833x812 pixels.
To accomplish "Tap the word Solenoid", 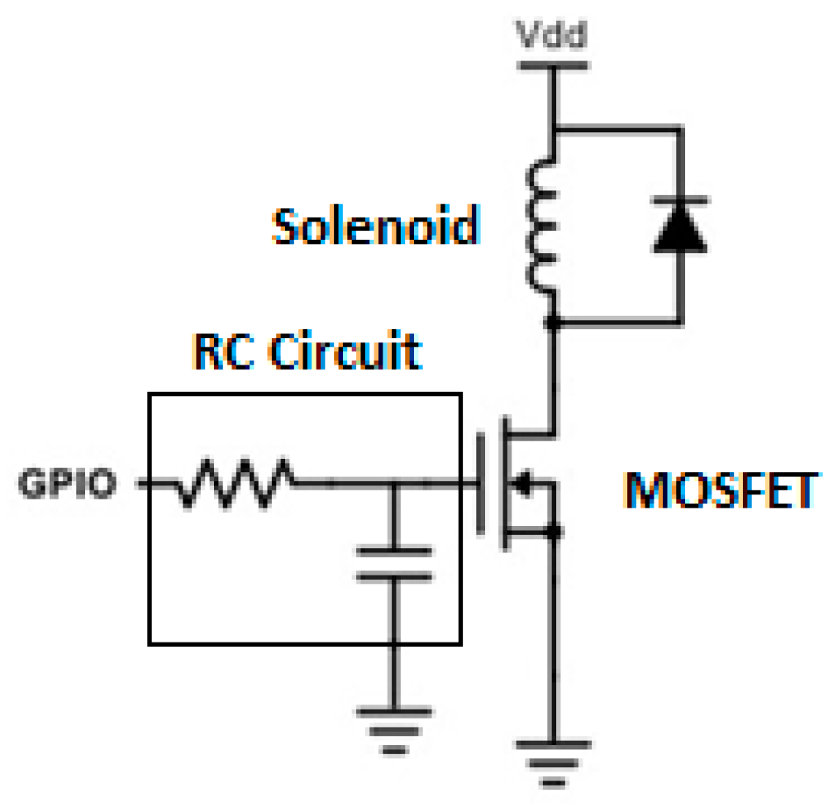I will tap(376, 225).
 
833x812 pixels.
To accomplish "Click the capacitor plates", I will tap(394, 563).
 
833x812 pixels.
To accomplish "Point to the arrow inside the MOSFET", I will tap(522, 485).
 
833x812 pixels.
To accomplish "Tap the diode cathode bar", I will tap(679, 201).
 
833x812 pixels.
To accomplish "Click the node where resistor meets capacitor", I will tap(394, 484).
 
